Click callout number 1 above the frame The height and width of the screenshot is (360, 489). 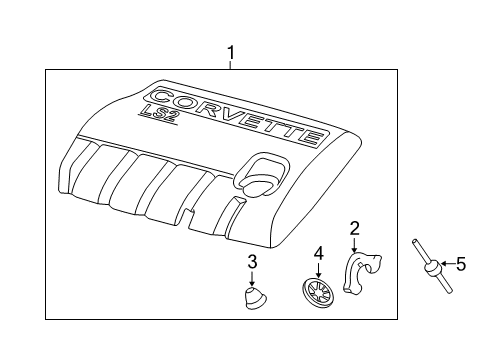[x=231, y=51]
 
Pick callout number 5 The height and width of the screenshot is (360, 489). [x=461, y=265]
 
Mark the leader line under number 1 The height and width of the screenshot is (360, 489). [x=231, y=64]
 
